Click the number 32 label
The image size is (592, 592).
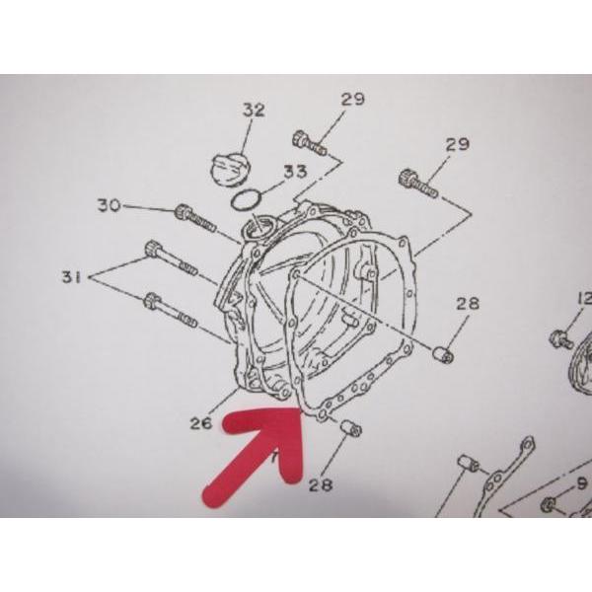click(x=254, y=111)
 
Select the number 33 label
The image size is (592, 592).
click(x=295, y=172)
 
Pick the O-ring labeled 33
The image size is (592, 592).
click(x=246, y=200)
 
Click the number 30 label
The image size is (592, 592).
click(x=110, y=205)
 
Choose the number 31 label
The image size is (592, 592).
click(x=72, y=277)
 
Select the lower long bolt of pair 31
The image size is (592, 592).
click(x=171, y=311)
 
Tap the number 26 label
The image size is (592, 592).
click(x=201, y=423)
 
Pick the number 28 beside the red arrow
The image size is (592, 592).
click(x=321, y=485)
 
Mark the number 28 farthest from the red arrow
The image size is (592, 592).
click(x=468, y=304)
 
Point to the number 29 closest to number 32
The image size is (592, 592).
click(x=353, y=99)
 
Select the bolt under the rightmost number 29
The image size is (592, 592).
click(x=418, y=184)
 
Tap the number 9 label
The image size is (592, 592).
click(x=583, y=483)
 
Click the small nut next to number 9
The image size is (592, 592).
click(x=551, y=505)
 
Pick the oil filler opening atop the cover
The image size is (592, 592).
click(x=258, y=228)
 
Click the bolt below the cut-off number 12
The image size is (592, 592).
click(x=561, y=338)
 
